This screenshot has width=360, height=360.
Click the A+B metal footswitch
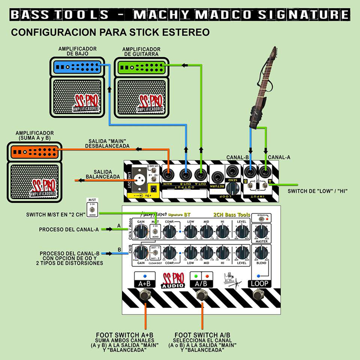click(145, 296)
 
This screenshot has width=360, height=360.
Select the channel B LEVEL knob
click(241, 253)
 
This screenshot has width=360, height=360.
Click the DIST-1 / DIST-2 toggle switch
click(154, 255)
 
